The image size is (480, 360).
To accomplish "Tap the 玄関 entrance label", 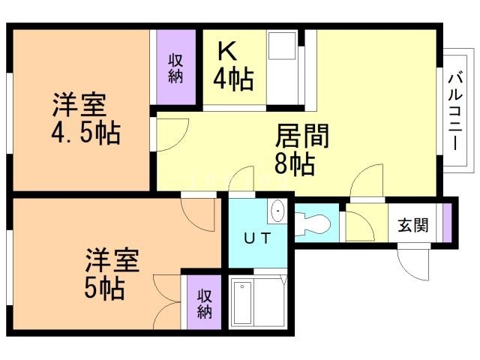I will click(412, 223).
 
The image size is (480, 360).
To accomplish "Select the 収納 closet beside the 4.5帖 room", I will click(175, 68).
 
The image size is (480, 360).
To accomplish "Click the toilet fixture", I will click(315, 223).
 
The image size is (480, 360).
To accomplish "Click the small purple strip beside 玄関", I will click(448, 223).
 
